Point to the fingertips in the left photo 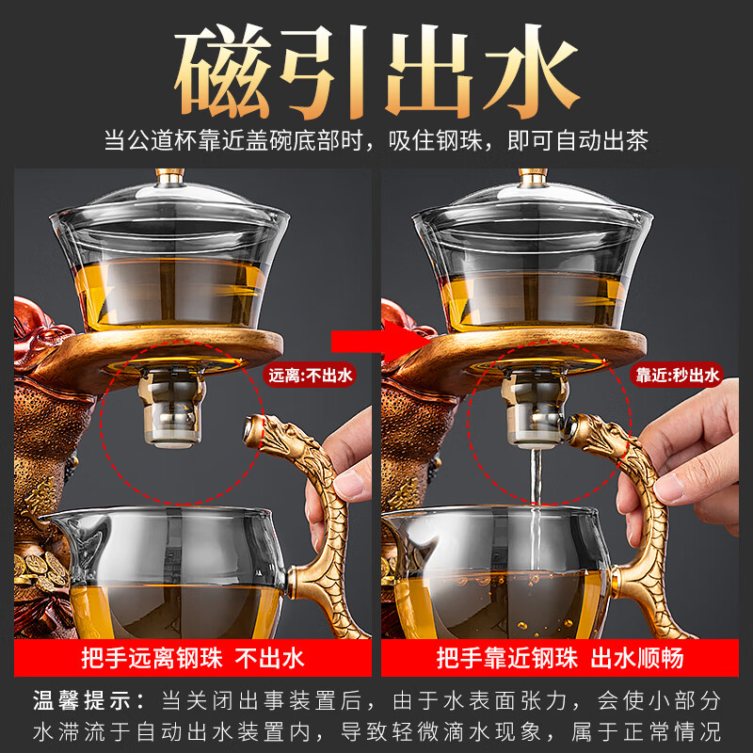[353, 485]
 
